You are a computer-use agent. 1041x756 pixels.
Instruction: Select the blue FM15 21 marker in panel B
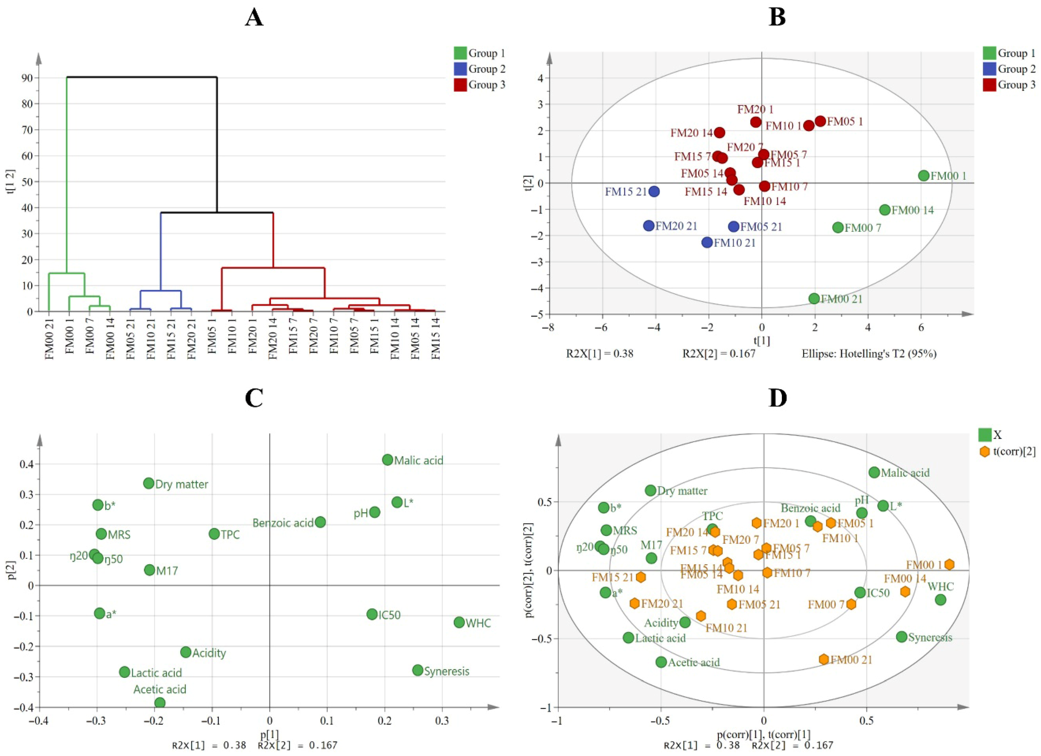pyautogui.click(x=654, y=191)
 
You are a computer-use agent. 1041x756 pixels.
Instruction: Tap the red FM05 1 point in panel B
pyautogui.click(x=820, y=121)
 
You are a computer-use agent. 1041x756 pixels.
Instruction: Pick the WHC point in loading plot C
pyautogui.click(x=459, y=623)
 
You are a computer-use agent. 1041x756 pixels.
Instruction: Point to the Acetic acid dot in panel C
pyautogui.click(x=160, y=703)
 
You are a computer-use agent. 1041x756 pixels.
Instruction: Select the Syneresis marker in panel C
pyautogui.click(x=418, y=670)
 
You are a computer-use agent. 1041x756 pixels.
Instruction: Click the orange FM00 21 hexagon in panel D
pyautogui.click(x=824, y=659)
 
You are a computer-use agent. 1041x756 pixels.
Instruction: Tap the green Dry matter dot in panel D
pyautogui.click(x=650, y=490)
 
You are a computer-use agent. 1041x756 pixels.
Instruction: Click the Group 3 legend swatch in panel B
pyautogui.click(x=989, y=85)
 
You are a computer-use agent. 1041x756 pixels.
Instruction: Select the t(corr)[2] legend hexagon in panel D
pyautogui.click(x=985, y=452)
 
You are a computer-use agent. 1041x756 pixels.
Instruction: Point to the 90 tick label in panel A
pyautogui.click(x=26, y=78)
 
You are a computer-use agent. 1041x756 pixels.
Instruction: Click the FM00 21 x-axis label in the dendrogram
pyautogui.click(x=49, y=338)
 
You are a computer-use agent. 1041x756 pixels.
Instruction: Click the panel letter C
pyautogui.click(x=254, y=398)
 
